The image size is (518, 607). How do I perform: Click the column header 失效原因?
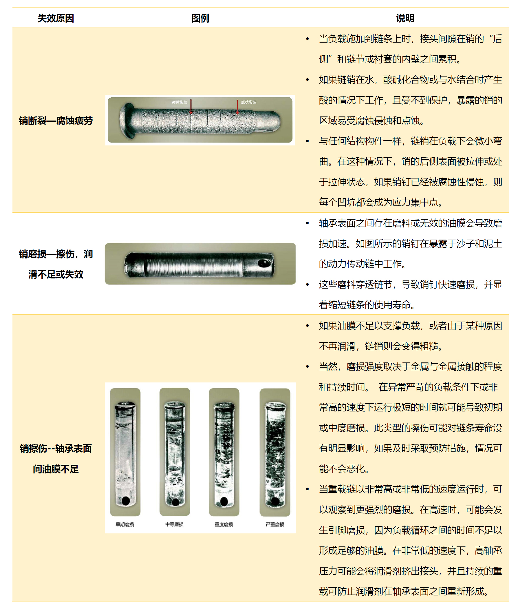pyautogui.click(x=56, y=18)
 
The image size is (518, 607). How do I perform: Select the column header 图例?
pyautogui.click(x=200, y=18)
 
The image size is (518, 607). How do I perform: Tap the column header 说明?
pyautogui.click(x=405, y=18)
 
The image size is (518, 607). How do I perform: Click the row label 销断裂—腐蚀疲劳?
pyautogui.click(x=56, y=121)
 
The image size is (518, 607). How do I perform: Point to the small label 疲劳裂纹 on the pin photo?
pyautogui.click(x=179, y=102)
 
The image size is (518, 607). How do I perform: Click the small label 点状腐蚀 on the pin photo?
pyautogui.click(x=248, y=102)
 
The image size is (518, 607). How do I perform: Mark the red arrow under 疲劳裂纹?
pyautogui.click(x=191, y=107)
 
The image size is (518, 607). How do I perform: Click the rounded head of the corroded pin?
pyautogui.click(x=127, y=121)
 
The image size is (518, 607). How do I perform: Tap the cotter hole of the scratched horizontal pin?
pyautogui.click(x=264, y=263)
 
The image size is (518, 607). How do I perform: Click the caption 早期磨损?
pyautogui.click(x=125, y=524)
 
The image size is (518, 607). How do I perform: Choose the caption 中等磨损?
pyautogui.click(x=174, y=524)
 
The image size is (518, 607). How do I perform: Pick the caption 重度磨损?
pyautogui.click(x=224, y=524)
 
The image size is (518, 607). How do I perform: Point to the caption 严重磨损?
pyautogui.click(x=275, y=524)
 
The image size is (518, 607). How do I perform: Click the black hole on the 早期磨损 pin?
pyautogui.click(x=126, y=500)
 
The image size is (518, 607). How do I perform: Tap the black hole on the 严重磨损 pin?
pyautogui.click(x=275, y=501)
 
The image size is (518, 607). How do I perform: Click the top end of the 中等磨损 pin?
pyautogui.click(x=175, y=405)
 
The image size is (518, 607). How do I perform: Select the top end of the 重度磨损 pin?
pyautogui.click(x=224, y=406)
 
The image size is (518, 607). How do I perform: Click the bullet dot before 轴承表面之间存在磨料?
pyautogui.click(x=307, y=223)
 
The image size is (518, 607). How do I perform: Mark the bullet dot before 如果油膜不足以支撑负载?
pyautogui.click(x=307, y=326)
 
